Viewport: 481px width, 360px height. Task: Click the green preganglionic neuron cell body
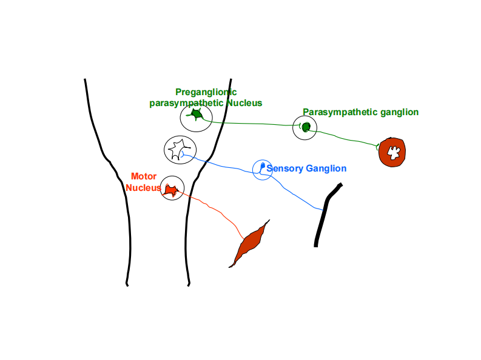tap(196, 115)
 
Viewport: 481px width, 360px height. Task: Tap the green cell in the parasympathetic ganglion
tap(306, 127)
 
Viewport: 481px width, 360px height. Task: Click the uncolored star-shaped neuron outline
tap(180, 147)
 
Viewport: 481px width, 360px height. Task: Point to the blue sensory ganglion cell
tap(262, 166)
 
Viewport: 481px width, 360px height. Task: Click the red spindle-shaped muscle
tap(249, 244)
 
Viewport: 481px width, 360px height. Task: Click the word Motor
tap(144, 176)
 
